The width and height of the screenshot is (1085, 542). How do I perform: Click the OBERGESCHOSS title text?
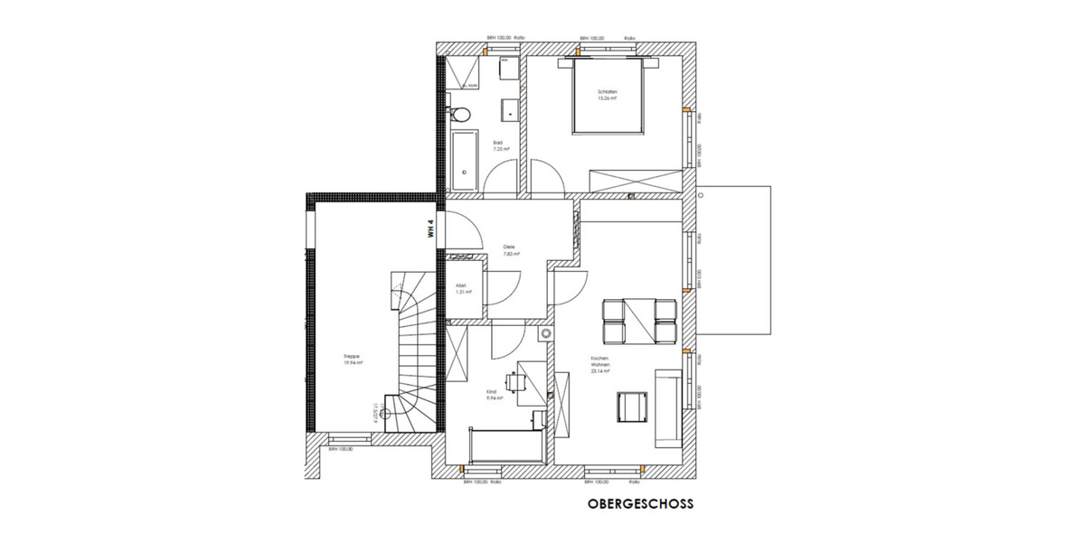click(x=640, y=505)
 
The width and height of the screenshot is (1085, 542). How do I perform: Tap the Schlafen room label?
click(x=606, y=95)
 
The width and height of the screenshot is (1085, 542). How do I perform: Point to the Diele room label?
click(x=509, y=249)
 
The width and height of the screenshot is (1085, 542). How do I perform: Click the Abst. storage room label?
click(x=461, y=288)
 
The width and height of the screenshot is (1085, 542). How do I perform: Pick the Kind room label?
click(x=493, y=394)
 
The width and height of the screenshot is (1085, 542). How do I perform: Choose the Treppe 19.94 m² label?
click(x=354, y=360)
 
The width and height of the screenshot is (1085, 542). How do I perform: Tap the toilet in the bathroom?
click(x=458, y=114)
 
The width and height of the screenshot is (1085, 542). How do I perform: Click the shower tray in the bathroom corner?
click(x=464, y=71)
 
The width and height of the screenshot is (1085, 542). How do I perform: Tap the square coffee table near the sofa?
click(x=631, y=406)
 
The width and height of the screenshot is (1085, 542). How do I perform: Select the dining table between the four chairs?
click(x=639, y=320)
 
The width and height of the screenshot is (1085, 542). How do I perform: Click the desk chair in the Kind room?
click(x=513, y=383)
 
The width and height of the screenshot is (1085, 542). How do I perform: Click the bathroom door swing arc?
click(x=500, y=177)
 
